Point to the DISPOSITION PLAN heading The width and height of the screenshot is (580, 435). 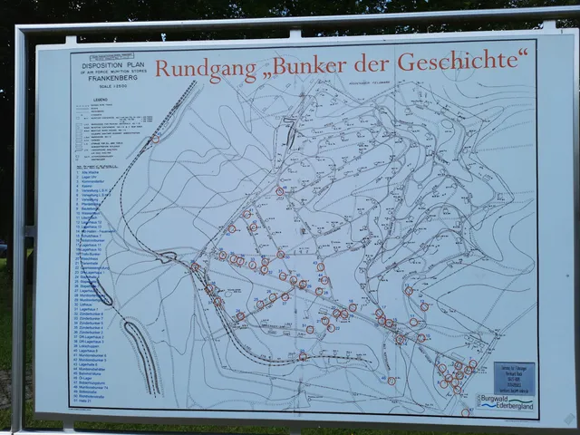click(110, 65)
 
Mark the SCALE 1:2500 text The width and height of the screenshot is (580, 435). click(110, 87)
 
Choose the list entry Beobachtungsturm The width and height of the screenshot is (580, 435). click(96, 378)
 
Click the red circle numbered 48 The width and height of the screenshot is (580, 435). click(280, 192)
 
